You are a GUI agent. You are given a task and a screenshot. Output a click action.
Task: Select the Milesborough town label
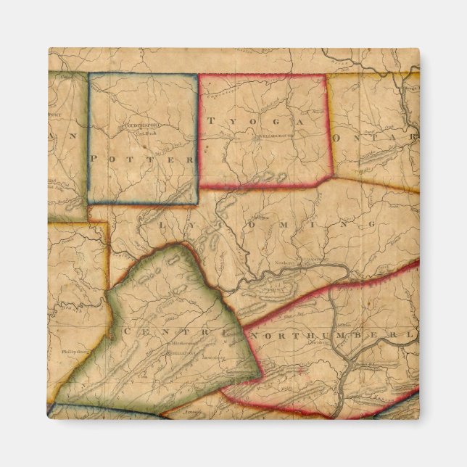(181, 342)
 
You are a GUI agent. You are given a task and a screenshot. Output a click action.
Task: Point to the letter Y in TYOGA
(233, 122)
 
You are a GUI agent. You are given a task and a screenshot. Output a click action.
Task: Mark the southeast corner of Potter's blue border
(197, 202)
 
